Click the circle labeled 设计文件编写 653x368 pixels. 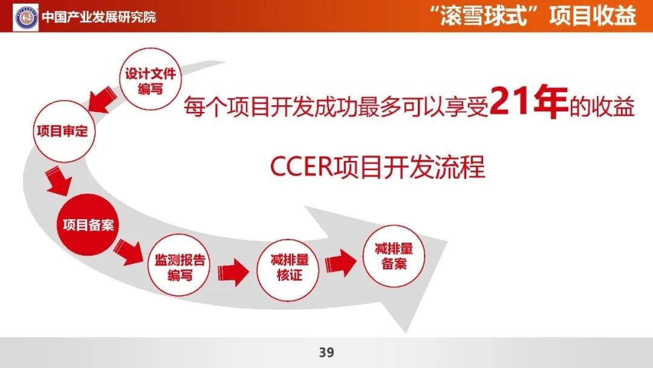click(x=151, y=79)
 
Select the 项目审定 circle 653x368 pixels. click(x=63, y=131)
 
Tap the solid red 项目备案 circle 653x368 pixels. click(x=88, y=225)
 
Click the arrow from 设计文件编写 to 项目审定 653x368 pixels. click(x=102, y=99)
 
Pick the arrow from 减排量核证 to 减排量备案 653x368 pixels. click(x=340, y=263)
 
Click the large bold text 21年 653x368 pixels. click(x=529, y=102)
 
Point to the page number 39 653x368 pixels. click(x=326, y=353)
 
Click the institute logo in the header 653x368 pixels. click(x=26, y=17)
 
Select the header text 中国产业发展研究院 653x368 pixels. click(x=99, y=17)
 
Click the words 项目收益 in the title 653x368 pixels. click(x=593, y=16)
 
